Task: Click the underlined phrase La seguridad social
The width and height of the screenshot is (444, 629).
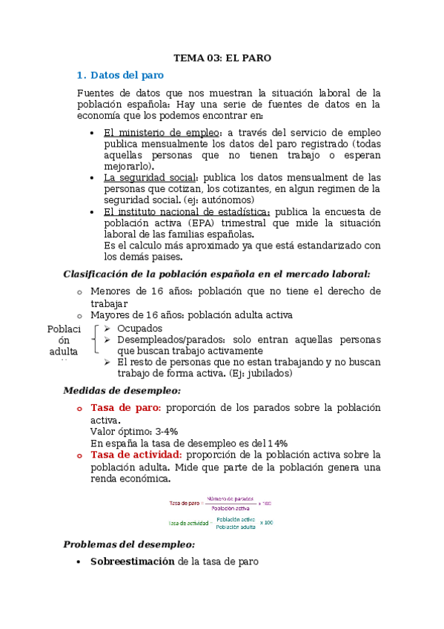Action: point(150,177)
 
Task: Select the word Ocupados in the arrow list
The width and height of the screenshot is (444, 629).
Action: point(139,329)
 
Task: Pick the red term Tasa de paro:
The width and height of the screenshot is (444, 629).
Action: point(125,407)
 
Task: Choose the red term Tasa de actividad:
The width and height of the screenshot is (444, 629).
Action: point(136,454)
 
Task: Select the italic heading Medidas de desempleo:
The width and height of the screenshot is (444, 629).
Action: point(122,390)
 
